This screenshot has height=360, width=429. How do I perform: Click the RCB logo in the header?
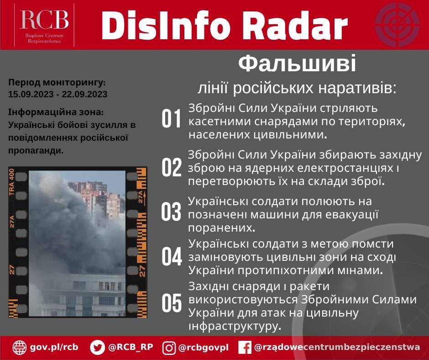(44, 24)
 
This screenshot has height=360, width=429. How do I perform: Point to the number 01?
(172, 120)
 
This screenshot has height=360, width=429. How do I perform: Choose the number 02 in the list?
(172, 168)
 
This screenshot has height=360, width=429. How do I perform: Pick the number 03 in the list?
(172, 212)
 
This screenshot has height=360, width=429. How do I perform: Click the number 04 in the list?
(172, 257)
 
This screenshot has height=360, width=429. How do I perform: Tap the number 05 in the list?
(172, 304)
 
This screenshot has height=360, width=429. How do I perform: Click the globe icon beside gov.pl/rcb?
(20, 347)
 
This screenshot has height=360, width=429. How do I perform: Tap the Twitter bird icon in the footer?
(97, 347)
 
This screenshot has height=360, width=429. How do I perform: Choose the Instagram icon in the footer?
(169, 348)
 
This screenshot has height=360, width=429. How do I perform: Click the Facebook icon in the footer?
(245, 348)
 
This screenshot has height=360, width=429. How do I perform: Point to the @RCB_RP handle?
(131, 347)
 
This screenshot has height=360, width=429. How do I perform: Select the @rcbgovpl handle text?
(203, 347)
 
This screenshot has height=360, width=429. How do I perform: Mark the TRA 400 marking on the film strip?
(12, 182)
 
